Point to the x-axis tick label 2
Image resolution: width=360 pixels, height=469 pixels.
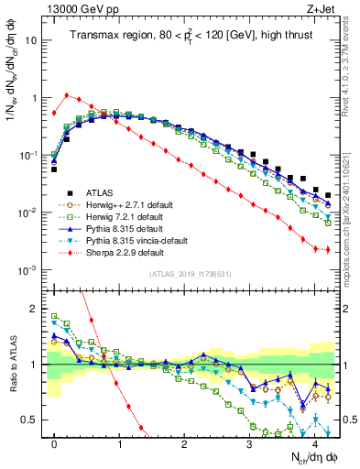click(x=184, y=442)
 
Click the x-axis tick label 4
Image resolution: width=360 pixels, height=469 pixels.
click(x=314, y=442)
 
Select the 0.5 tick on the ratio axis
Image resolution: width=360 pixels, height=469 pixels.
click(x=35, y=420)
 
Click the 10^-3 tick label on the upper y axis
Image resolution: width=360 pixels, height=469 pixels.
click(x=31, y=269)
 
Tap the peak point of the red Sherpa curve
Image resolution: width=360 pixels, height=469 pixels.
click(x=67, y=94)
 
